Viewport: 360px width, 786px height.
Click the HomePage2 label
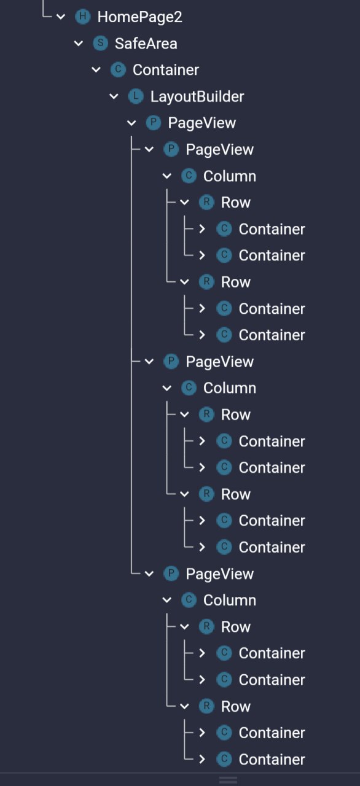(x=139, y=17)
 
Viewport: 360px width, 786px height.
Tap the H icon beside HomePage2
(x=83, y=17)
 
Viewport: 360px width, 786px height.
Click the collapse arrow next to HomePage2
(x=61, y=17)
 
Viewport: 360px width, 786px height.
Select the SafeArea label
(x=146, y=44)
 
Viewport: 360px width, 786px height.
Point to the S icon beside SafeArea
(x=100, y=43)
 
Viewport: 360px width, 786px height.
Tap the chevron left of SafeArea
(x=79, y=44)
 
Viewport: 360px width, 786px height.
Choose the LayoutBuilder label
(x=197, y=97)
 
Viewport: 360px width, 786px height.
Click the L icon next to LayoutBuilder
(x=136, y=96)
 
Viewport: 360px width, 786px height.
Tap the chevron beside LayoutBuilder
(x=114, y=96)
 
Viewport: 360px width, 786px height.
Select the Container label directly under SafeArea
(x=166, y=70)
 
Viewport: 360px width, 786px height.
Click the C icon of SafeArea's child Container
(x=118, y=70)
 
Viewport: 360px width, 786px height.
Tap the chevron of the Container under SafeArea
(x=96, y=70)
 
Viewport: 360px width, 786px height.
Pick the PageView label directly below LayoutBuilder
(x=202, y=123)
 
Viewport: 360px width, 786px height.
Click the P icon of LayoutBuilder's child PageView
(x=154, y=123)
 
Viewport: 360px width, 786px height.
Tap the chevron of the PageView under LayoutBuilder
(x=131, y=123)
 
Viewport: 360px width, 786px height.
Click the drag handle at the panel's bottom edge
(x=228, y=780)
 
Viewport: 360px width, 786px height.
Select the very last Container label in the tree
(x=272, y=760)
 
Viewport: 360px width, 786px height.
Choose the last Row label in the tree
(x=236, y=707)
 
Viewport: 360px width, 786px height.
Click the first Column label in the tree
(x=230, y=176)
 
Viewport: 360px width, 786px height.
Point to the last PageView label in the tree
(x=220, y=574)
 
